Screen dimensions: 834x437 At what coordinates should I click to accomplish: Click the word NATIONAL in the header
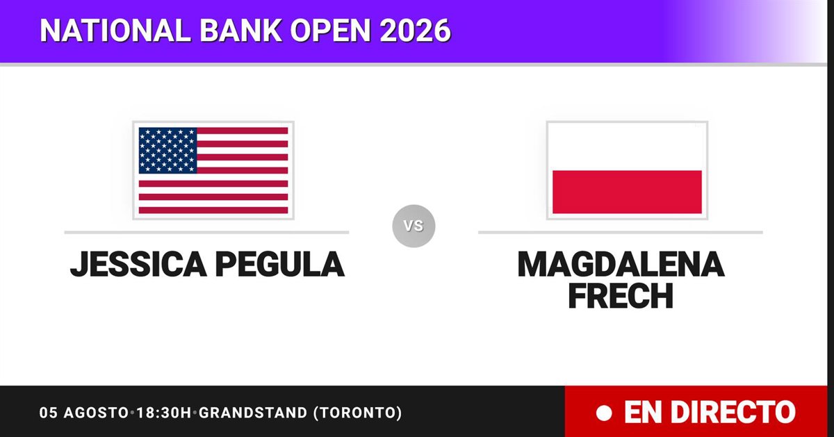115,30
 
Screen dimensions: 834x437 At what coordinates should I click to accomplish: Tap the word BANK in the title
241,30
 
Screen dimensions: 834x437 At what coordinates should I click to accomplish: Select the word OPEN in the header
331,30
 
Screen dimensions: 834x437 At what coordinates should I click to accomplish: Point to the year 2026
416,30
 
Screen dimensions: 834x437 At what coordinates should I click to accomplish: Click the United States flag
213,170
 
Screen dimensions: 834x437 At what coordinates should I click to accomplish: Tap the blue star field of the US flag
167,150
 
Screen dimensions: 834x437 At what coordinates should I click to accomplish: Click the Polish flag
627,170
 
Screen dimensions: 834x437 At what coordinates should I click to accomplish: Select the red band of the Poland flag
627,192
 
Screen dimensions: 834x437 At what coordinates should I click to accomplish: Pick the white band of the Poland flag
627,149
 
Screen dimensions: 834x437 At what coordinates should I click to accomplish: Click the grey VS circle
414,226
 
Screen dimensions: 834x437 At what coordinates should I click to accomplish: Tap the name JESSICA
138,264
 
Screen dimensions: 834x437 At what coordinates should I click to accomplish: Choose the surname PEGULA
280,264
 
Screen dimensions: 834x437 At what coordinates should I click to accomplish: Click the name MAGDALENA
621,264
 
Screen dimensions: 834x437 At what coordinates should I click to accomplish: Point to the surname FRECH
621,296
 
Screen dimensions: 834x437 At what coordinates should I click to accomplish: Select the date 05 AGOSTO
84,413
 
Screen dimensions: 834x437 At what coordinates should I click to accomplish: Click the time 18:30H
164,413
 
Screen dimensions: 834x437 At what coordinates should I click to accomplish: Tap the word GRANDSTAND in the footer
253,413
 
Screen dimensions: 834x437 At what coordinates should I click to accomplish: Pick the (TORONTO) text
358,413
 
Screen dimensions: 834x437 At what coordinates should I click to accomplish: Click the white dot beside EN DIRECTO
604,413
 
